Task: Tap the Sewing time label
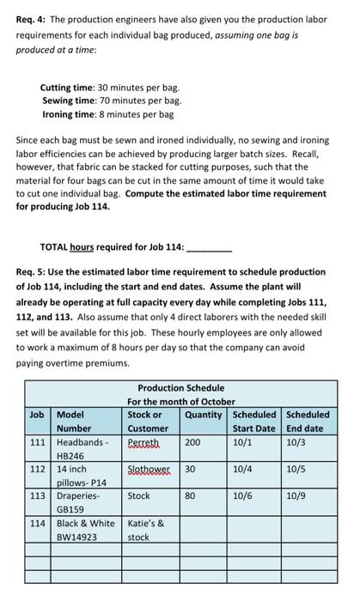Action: pos(70,100)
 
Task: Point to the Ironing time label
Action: pos(70,113)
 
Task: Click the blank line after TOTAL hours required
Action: pos(209,247)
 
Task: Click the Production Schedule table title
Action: pos(180,388)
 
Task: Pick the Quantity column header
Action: pos(204,415)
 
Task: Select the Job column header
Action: pos(37,415)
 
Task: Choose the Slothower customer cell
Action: pos(148,470)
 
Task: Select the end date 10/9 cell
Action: pos(296,495)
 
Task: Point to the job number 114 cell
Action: pos(37,523)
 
